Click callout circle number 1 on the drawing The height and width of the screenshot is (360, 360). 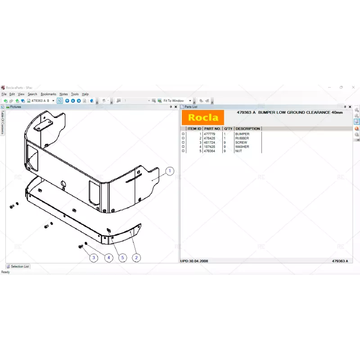click(x=170, y=171)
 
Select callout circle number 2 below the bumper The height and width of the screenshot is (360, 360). click(x=136, y=258)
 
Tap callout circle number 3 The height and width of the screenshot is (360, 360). click(x=94, y=258)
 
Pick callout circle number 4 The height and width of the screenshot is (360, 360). click(x=108, y=258)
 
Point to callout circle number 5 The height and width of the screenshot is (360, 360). click(x=122, y=258)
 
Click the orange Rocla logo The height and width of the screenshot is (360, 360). click(x=202, y=118)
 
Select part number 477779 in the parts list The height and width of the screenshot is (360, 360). click(x=210, y=134)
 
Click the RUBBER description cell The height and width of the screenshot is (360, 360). click(x=242, y=138)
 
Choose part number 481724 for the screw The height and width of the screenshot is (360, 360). click(x=210, y=143)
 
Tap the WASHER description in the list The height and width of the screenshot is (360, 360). click(x=242, y=147)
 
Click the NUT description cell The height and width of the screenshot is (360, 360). click(x=238, y=151)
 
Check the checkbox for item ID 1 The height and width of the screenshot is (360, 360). click(x=183, y=134)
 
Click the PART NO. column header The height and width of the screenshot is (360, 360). click(x=212, y=129)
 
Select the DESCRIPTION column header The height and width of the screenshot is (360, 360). click(x=247, y=129)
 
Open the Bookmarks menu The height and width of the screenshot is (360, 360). click(x=48, y=94)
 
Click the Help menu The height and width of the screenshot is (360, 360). click(x=85, y=94)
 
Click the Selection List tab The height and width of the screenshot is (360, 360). click(x=19, y=266)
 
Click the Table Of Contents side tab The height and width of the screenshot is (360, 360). click(x=2, y=122)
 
